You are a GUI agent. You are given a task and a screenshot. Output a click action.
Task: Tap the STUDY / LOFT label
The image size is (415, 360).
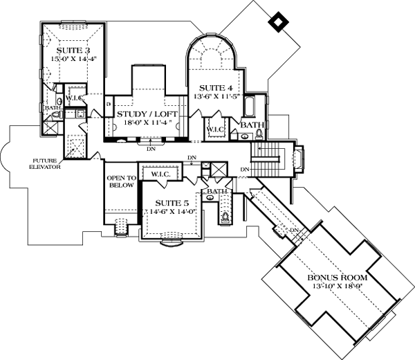(147, 114)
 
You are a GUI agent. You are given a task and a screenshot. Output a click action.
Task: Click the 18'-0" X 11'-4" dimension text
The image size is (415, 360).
(147, 123)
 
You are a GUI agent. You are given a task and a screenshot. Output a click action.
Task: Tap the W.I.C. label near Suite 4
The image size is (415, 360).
(216, 128)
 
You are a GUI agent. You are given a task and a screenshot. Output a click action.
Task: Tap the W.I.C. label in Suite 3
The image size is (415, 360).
(75, 98)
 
